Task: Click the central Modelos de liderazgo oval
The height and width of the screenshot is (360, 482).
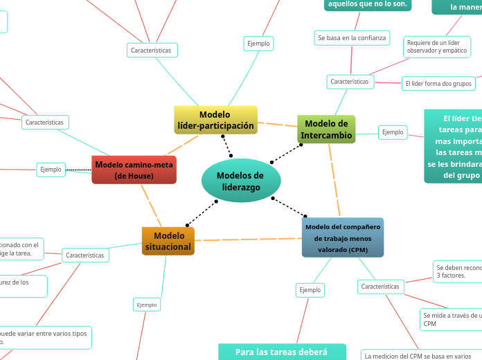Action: coord(241,181)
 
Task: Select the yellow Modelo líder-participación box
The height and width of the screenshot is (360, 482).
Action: coord(215,120)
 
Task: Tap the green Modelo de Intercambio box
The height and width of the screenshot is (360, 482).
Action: coord(326,129)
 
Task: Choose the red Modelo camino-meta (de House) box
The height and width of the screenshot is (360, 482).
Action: coord(134,170)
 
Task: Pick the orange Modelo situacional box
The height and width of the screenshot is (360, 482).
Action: coord(168,241)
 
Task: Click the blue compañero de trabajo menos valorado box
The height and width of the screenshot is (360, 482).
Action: coord(343,237)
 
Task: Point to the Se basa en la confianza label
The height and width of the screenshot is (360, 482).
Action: coord(351,37)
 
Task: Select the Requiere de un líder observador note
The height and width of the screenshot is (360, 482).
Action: coord(436,46)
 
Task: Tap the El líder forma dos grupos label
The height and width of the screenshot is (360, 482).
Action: coord(438,84)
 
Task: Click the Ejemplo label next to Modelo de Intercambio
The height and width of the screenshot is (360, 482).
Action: coord(393,132)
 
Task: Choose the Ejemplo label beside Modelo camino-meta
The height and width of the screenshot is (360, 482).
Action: coord(51,169)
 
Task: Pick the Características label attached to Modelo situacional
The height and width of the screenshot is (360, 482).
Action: coord(84,255)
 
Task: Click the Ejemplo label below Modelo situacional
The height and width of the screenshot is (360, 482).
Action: coord(146,305)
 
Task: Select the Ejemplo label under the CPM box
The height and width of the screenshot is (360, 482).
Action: coord(310,289)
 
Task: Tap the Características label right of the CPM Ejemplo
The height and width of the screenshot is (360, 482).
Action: coord(380,286)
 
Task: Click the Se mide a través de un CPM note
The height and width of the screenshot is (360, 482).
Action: coord(452,318)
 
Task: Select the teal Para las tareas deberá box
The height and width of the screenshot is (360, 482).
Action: coord(281,352)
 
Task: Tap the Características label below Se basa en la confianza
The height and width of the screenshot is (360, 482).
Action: coord(350,82)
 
